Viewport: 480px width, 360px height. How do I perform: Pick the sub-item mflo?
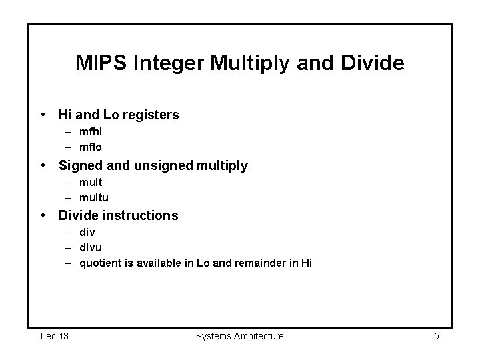[91, 146]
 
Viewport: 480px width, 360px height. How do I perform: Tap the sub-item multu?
[94, 197]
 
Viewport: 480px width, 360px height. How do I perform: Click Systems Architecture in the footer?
[239, 336]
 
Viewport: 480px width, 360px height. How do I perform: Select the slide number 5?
[436, 336]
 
